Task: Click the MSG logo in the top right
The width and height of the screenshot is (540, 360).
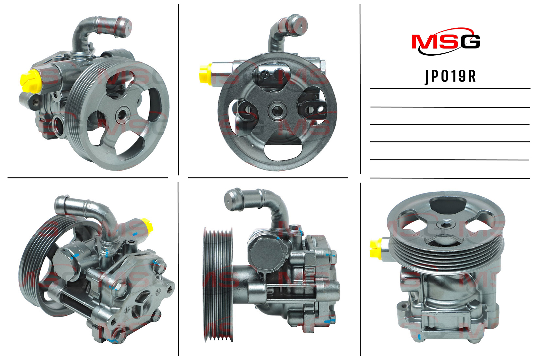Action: (446, 42)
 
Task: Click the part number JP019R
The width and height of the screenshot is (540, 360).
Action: (450, 77)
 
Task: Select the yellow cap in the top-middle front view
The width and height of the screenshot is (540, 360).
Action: (205, 73)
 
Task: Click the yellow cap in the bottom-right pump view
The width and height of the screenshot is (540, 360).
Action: (376, 249)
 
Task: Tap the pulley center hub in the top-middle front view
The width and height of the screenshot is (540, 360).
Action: (278, 111)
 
